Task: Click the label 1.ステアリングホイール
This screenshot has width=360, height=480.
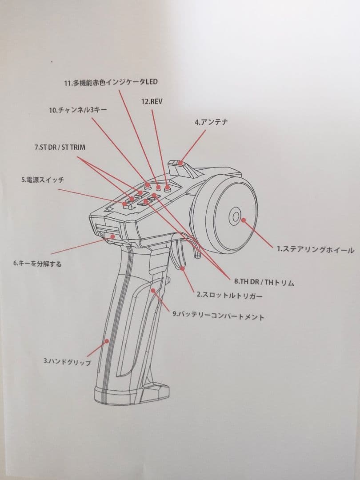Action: (316, 250)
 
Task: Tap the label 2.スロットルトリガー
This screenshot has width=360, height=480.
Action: (229, 295)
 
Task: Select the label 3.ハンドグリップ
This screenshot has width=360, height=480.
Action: (67, 362)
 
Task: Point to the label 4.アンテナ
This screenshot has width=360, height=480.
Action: (211, 122)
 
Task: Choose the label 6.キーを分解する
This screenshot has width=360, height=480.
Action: (37, 264)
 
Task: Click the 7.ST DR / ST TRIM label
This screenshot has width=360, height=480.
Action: (60, 147)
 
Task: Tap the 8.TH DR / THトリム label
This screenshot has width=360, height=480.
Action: (264, 282)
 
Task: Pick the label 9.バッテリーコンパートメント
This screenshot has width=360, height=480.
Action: (218, 316)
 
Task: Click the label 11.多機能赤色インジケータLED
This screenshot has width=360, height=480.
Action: (111, 83)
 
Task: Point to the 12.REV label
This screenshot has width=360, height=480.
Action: (152, 101)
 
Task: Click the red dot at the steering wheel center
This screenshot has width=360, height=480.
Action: (243, 218)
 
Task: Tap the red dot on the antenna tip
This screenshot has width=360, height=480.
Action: (180, 164)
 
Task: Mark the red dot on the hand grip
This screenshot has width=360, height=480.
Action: (107, 341)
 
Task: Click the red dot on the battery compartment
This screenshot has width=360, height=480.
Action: (154, 291)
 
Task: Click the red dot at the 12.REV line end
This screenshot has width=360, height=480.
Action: (167, 188)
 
